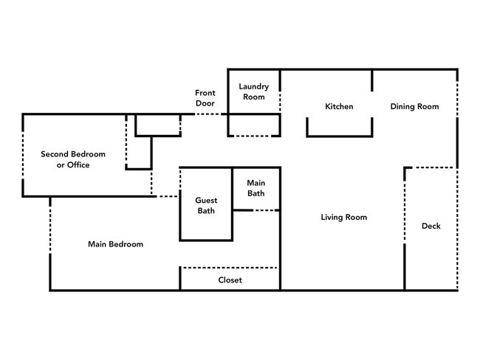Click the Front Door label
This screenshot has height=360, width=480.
pyautogui.click(x=205, y=98)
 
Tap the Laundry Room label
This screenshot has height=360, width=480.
pyautogui.click(x=253, y=91)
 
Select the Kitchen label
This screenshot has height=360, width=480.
pyautogui.click(x=339, y=107)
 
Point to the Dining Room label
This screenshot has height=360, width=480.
pyautogui.click(x=414, y=107)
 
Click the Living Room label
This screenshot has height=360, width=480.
pyautogui.click(x=343, y=218)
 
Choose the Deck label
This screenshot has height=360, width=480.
pyautogui.click(x=431, y=226)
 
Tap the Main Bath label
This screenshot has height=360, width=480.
pyautogui.click(x=256, y=188)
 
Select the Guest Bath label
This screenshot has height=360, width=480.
pyautogui.click(x=205, y=205)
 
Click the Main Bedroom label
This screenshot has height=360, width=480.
pyautogui.click(x=115, y=244)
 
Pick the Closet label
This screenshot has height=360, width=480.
pyautogui.click(x=230, y=280)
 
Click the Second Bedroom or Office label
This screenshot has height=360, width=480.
pyautogui.click(x=73, y=159)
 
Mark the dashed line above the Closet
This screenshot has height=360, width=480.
pyautogui.click(x=230, y=268)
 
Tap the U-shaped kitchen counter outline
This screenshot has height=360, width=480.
pyautogui.click(x=340, y=135)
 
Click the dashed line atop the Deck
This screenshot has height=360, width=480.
pyautogui.click(x=431, y=167)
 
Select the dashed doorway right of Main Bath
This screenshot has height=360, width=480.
pyautogui.click(x=267, y=211)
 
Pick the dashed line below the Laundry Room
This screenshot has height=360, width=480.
pyautogui.click(x=253, y=136)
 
